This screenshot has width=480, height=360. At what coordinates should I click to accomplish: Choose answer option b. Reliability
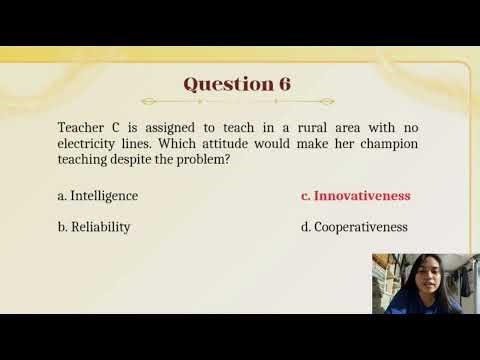(x=94, y=227)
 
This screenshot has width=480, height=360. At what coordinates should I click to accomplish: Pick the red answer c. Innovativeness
(x=355, y=196)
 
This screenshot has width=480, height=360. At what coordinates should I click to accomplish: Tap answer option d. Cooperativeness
(x=354, y=227)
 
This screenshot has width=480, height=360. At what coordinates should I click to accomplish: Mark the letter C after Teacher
(x=116, y=128)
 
